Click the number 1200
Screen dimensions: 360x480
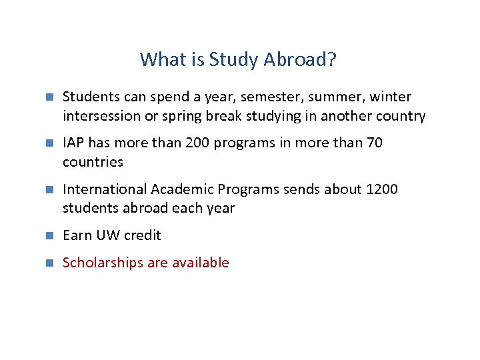pyautogui.click(x=382, y=189)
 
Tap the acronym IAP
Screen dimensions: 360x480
pyautogui.click(x=75, y=143)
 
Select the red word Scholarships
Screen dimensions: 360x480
pyautogui.click(x=103, y=263)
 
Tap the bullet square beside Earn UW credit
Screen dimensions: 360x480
pyautogui.click(x=48, y=235)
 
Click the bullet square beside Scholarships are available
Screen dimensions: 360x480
pyautogui.click(x=48, y=263)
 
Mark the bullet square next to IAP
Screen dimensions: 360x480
pyautogui.click(x=48, y=143)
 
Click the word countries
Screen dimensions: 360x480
pyautogui.click(x=93, y=162)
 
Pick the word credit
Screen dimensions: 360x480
pyautogui.click(x=143, y=235)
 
